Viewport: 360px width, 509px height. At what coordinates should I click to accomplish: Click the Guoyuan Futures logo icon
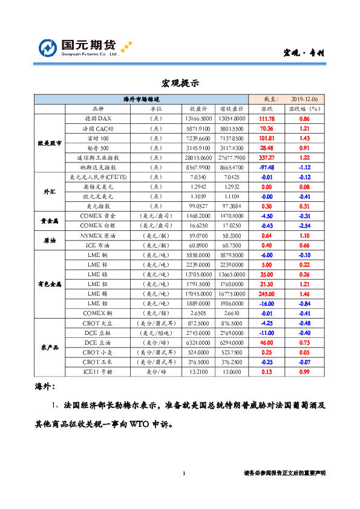pyautogui.click(x=48, y=48)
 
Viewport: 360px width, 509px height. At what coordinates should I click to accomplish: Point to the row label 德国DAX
pyautogui.click(x=97, y=119)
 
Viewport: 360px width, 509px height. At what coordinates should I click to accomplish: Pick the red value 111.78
pyautogui.click(x=266, y=119)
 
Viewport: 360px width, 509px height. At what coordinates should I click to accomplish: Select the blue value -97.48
pyautogui.click(x=266, y=167)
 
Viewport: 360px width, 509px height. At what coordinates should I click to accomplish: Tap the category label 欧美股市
pyautogui.click(x=49, y=143)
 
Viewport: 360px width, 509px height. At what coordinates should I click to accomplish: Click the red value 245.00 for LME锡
pyautogui.click(x=266, y=293)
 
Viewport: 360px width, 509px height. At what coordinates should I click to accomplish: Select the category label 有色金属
pyautogui.click(x=49, y=284)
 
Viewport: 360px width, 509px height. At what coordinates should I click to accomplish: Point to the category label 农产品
pyautogui.click(x=49, y=348)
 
